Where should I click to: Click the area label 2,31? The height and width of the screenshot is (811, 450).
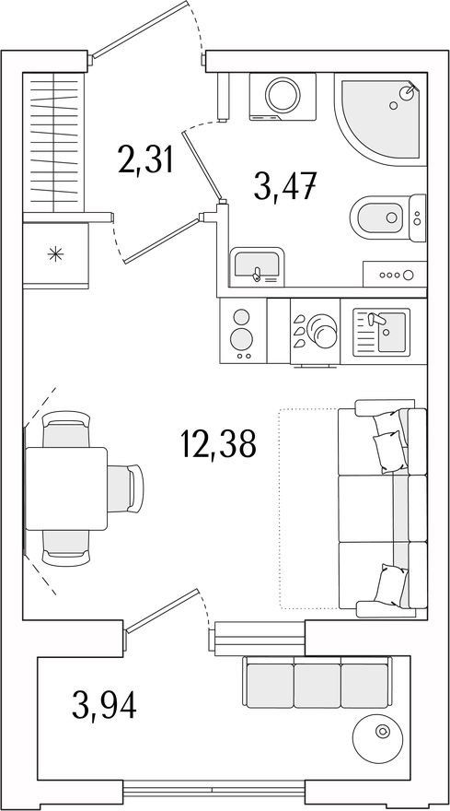[x=144, y=160]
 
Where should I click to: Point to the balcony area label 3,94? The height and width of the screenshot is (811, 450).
[x=104, y=706]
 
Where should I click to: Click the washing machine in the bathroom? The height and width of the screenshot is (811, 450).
[x=283, y=96]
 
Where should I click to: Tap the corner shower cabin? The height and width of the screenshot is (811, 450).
[x=381, y=119]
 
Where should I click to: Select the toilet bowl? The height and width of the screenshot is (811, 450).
[x=388, y=217]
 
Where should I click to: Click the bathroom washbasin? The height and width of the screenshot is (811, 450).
[x=257, y=266]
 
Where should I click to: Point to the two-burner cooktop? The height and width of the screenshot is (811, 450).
[x=243, y=331]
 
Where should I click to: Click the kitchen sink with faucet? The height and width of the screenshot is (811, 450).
[x=382, y=332]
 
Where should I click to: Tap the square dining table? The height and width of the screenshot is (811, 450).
[x=66, y=488]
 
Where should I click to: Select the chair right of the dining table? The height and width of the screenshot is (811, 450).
[x=125, y=488]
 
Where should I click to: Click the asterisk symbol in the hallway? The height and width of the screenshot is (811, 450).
[x=55, y=254]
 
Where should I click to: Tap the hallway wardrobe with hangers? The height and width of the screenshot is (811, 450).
[x=53, y=142]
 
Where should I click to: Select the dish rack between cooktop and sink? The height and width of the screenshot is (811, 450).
[x=315, y=331]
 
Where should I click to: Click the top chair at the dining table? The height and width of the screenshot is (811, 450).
[x=66, y=429]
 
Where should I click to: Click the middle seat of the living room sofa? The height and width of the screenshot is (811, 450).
[x=382, y=509]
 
